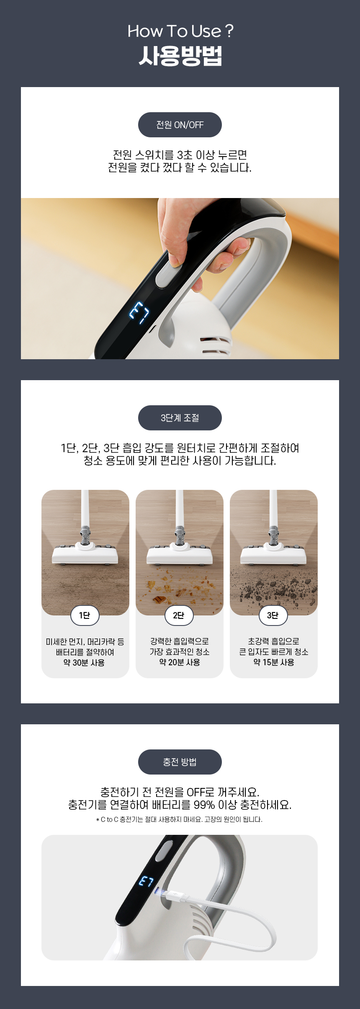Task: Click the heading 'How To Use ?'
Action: coord(180,31)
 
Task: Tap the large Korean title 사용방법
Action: coord(180,56)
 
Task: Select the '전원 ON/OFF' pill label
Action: coord(180,125)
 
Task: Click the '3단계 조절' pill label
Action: coord(180,418)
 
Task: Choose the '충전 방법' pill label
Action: coord(180,762)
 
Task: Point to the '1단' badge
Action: coord(85,615)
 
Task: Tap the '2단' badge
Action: coord(179,615)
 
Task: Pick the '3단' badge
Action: coord(273,615)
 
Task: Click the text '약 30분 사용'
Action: coord(84,663)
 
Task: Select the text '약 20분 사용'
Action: coord(180,662)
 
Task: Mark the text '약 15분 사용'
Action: coord(274,662)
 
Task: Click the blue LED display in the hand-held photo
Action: coord(139,312)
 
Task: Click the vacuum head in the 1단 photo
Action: coord(85,553)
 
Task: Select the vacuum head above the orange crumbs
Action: coord(180,553)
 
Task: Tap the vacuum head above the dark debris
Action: coord(273,553)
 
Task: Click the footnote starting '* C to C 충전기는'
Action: coord(180,819)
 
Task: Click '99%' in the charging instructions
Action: coord(204,805)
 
